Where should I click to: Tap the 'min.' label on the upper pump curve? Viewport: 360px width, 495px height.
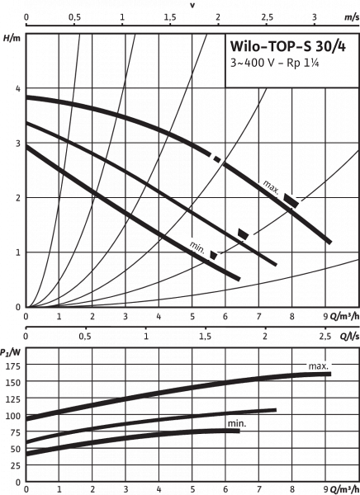pyautogui.click(x=196, y=245)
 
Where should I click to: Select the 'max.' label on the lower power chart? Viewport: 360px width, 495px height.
pyautogui.click(x=318, y=365)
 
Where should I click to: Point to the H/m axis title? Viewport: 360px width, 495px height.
pyautogui.click(x=10, y=36)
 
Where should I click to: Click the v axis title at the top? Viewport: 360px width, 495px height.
pyautogui.click(x=192, y=4)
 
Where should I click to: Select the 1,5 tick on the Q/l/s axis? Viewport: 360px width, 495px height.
pyautogui.click(x=205, y=337)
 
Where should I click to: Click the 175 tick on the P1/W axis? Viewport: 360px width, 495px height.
pyautogui.click(x=12, y=365)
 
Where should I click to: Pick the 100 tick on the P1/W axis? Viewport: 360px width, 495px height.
pyautogui.click(x=12, y=416)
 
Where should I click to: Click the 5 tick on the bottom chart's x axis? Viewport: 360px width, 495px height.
pyautogui.click(x=192, y=488)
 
